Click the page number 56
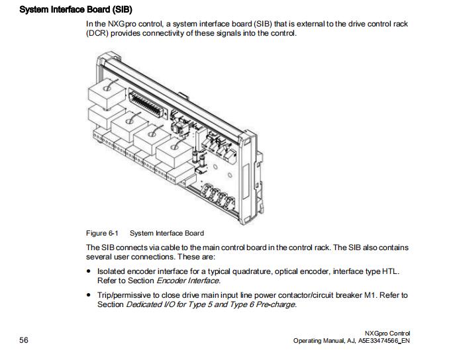(x=24, y=340)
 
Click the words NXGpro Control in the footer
(x=387, y=333)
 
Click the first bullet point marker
(x=89, y=272)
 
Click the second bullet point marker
(x=89, y=295)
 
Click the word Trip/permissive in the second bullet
(x=121, y=295)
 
